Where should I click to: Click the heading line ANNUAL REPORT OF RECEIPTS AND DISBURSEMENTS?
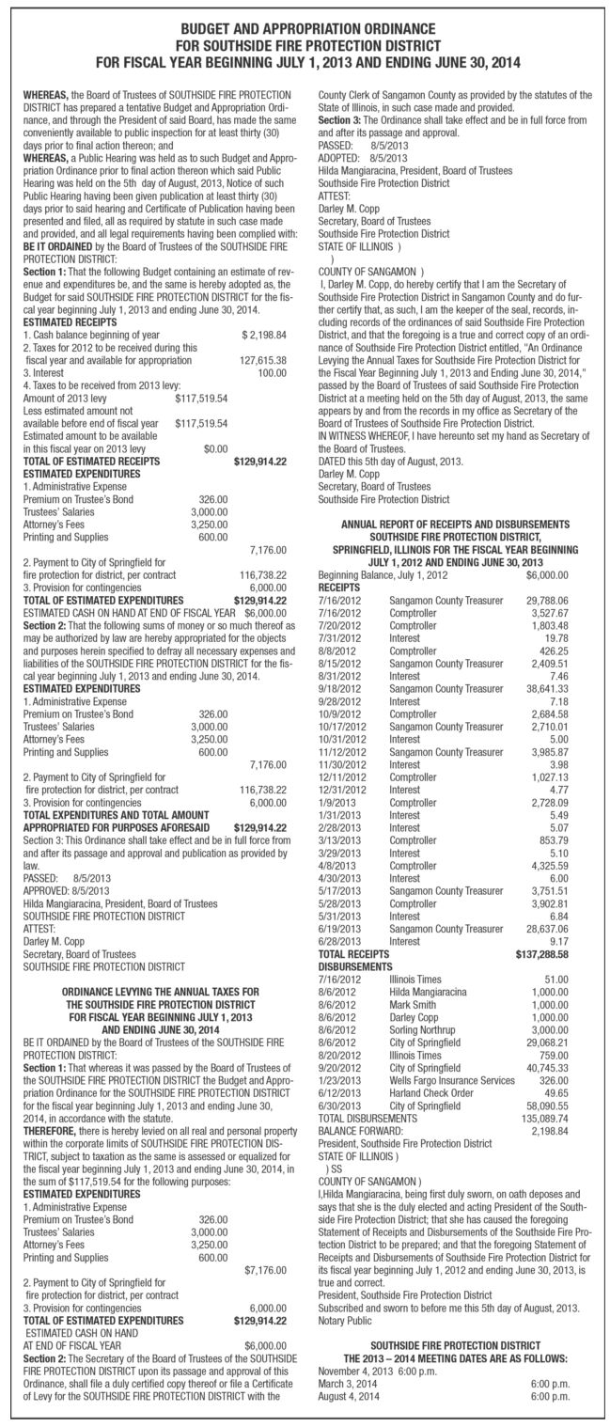456,522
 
